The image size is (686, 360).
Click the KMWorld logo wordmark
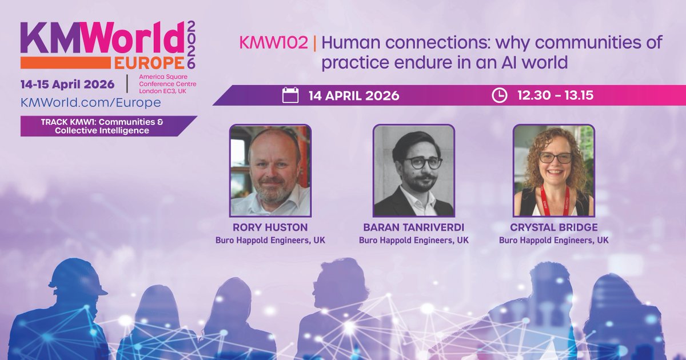[103, 39]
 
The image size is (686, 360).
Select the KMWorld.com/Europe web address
[90, 102]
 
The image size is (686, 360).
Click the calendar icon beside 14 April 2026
[290, 95]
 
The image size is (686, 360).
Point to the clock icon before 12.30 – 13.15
[499, 95]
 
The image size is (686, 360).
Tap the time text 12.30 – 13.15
[555, 95]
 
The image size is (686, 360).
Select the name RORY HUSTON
[270, 227]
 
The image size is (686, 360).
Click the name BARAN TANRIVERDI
[413, 227]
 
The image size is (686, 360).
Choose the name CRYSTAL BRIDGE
[553, 227]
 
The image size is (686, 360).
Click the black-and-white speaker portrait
[413, 170]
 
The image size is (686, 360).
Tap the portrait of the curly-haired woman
[553, 170]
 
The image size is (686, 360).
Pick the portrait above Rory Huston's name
[270, 170]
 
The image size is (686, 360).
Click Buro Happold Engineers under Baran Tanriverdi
[413, 240]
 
